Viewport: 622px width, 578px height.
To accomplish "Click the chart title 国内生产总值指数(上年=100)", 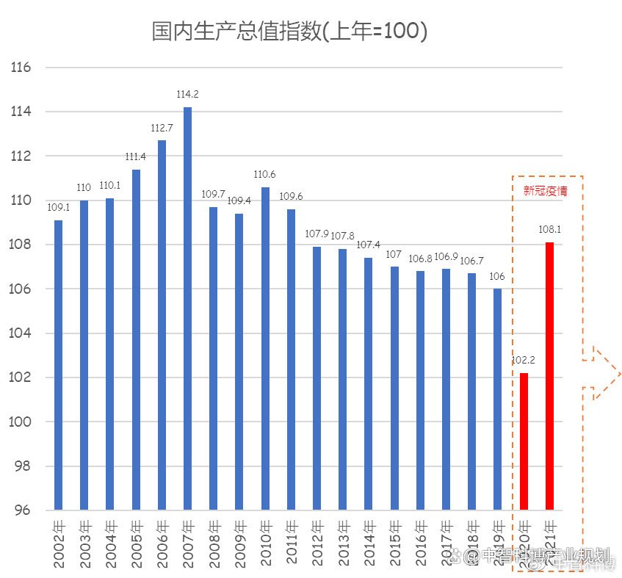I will [x=289, y=32].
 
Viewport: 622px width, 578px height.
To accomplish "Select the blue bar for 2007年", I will [x=187, y=308].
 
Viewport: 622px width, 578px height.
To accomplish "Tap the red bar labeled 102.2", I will [x=524, y=441].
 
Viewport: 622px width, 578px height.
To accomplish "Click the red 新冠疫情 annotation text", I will [x=545, y=191].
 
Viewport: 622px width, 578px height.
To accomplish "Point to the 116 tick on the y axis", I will [x=21, y=68].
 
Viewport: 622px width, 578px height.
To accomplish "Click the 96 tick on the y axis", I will [x=23, y=510].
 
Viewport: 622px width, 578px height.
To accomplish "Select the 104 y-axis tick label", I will [x=21, y=333].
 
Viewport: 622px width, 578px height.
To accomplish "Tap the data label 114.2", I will [x=187, y=95].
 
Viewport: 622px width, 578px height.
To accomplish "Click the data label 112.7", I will [x=161, y=128].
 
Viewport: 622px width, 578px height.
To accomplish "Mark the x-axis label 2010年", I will [x=265, y=543].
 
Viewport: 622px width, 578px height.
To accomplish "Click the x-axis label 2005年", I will [x=136, y=543].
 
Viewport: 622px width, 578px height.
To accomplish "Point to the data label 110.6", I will [x=265, y=175].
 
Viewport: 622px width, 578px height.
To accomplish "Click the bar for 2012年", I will [x=317, y=378].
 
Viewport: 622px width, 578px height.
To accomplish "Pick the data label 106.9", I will [x=446, y=256].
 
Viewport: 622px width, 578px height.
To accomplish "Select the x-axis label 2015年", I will [x=394, y=543].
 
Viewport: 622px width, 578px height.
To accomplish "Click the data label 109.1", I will [x=58, y=208].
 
